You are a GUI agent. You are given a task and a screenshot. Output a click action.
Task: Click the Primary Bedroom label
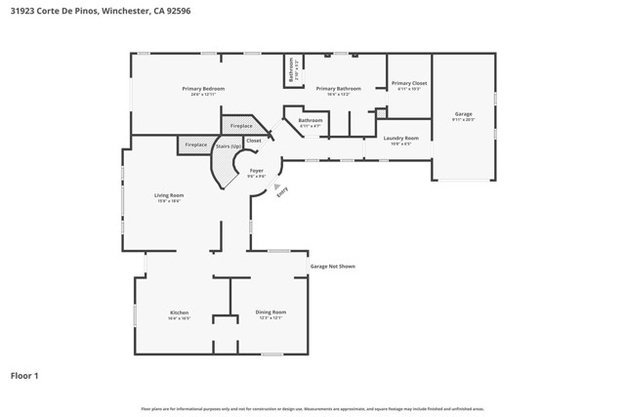[x=203, y=89]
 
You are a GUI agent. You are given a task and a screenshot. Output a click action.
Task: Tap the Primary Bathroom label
[x=338, y=89]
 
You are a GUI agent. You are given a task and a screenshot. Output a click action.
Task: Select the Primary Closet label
[x=409, y=84]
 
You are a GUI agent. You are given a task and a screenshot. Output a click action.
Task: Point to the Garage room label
[x=463, y=114]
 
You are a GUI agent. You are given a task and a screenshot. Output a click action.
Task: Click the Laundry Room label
[x=400, y=138]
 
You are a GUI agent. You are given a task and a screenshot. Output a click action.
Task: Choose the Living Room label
[x=169, y=195]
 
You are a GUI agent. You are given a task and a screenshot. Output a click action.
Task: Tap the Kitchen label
[x=178, y=313]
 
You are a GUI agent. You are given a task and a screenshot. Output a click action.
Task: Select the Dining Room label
[x=271, y=313]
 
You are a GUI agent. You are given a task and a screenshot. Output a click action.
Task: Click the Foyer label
[x=256, y=171]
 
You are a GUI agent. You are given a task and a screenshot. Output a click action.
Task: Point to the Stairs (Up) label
[x=229, y=146]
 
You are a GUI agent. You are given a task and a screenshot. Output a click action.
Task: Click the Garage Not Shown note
[x=332, y=266]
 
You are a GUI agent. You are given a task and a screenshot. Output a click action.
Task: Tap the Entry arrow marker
[x=277, y=187]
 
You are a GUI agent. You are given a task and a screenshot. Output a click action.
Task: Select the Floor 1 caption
[x=24, y=375]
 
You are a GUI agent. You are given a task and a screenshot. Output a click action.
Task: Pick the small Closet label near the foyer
[x=253, y=141]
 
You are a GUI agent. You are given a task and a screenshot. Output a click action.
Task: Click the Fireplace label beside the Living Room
[x=195, y=145]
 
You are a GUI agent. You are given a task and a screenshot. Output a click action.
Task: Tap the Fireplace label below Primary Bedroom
[x=241, y=125]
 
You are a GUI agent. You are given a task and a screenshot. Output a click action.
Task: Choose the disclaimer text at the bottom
[x=312, y=409]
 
